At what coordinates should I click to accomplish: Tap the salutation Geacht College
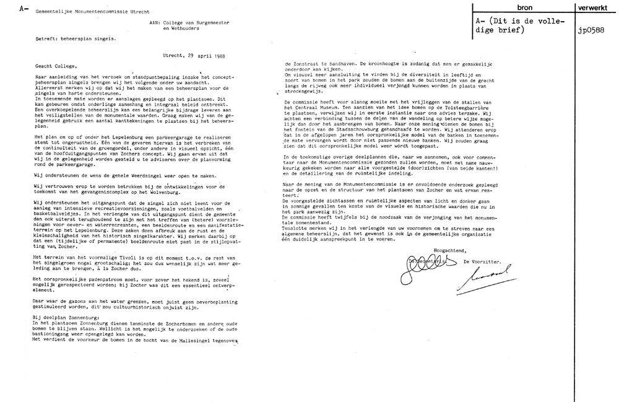pyautogui.click(x=55, y=66)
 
